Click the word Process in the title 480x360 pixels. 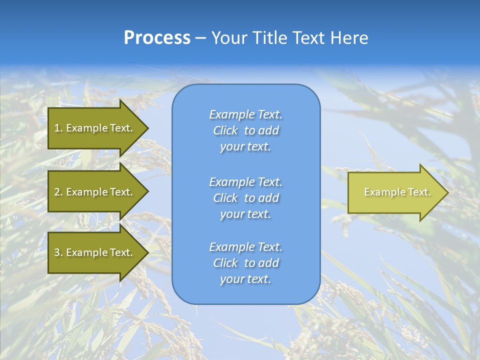pos(157,38)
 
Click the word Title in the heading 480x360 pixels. pos(270,38)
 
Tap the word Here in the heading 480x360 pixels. pos(349,38)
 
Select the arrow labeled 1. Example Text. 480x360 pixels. pos(95,128)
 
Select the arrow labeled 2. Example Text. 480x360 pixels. pos(95,192)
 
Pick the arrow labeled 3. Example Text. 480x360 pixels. pos(95,252)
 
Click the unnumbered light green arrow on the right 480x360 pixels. pos(395,192)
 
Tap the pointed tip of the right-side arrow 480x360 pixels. pos(447,192)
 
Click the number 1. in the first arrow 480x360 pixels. pos(58,128)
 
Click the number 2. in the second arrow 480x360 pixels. pos(58,192)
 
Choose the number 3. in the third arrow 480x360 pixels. pos(58,252)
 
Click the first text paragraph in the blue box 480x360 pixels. pos(245,130)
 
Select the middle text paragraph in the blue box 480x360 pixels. pos(245,198)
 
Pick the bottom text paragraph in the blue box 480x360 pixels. pos(245,263)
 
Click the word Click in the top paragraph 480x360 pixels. pos(225,130)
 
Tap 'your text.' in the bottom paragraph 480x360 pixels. pos(245,279)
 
